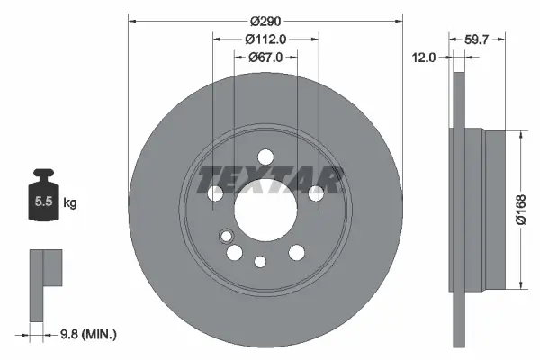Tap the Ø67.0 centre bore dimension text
tap(265, 57)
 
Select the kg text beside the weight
tap(70, 203)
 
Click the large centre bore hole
tap(265, 212)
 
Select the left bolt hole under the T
tap(216, 193)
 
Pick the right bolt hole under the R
tap(316, 193)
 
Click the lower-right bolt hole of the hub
tap(296, 254)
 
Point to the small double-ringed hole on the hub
tap(224, 237)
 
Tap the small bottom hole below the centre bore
tap(261, 262)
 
